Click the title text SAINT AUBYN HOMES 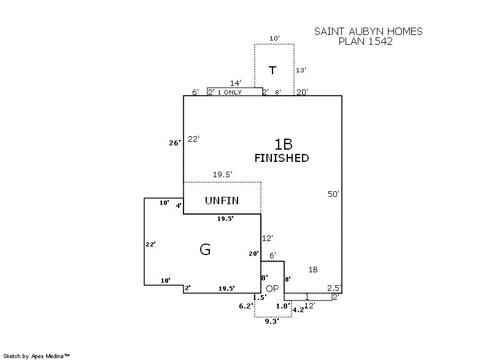(368, 31)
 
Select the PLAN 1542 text (366, 42)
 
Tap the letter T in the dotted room (273, 71)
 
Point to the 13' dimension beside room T (301, 71)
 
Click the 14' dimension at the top (236, 83)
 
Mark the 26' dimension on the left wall (175, 143)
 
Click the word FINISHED (282, 158)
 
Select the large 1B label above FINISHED (283, 144)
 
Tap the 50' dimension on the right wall (333, 194)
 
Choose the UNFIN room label (222, 201)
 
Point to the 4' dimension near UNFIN (179, 205)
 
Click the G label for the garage (205, 250)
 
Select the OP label (273, 288)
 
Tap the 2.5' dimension (334, 288)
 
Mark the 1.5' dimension (260, 297)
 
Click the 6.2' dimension (245, 305)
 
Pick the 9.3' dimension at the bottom (270, 321)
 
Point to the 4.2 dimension (299, 310)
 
